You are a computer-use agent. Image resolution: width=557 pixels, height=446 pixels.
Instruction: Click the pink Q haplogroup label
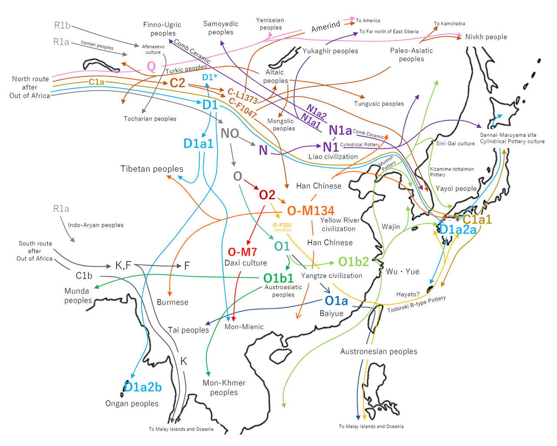pyautogui.click(x=151, y=67)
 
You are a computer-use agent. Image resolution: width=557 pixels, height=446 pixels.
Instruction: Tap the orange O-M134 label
pyautogui.click(x=310, y=211)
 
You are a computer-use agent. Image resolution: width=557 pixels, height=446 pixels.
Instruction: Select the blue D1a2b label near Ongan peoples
pyautogui.click(x=143, y=387)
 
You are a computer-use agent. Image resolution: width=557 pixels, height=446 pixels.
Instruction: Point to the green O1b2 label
pyautogui.click(x=353, y=262)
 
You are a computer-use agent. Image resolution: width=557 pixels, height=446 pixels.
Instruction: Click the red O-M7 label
pyautogui.click(x=242, y=252)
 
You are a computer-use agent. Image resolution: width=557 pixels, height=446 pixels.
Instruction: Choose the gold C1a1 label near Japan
pyautogui.click(x=477, y=219)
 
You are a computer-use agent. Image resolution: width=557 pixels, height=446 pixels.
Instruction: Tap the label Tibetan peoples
pyautogui.click(x=152, y=169)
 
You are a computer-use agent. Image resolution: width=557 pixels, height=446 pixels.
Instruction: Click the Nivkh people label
pyautogui.click(x=486, y=37)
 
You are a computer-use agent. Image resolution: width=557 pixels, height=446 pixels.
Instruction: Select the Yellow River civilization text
pyautogui.click(x=339, y=225)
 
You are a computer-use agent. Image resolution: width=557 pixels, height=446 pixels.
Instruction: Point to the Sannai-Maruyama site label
pyautogui.click(x=508, y=135)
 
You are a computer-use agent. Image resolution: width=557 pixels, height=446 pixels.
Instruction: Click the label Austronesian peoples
pyautogui.click(x=379, y=352)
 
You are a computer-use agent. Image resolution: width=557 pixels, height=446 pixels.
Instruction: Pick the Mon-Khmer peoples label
pyautogui.click(x=224, y=387)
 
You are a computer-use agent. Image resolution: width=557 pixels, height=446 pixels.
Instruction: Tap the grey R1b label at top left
pyautogui.click(x=62, y=26)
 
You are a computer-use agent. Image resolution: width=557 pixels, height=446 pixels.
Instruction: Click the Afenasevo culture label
pyautogui.click(x=153, y=49)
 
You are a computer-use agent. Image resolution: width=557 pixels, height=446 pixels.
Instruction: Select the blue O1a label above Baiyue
pyautogui.click(x=336, y=301)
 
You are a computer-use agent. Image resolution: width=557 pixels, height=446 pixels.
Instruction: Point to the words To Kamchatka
pyautogui.click(x=449, y=23)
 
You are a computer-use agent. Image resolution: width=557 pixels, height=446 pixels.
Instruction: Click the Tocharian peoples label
pyautogui.click(x=150, y=119)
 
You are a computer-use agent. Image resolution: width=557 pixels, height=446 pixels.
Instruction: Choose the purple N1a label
pyautogui.click(x=340, y=130)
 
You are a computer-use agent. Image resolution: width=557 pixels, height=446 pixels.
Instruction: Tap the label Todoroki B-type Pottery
pyautogui.click(x=416, y=304)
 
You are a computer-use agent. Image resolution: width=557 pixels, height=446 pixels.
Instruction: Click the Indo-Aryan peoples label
pyautogui.click(x=96, y=225)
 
